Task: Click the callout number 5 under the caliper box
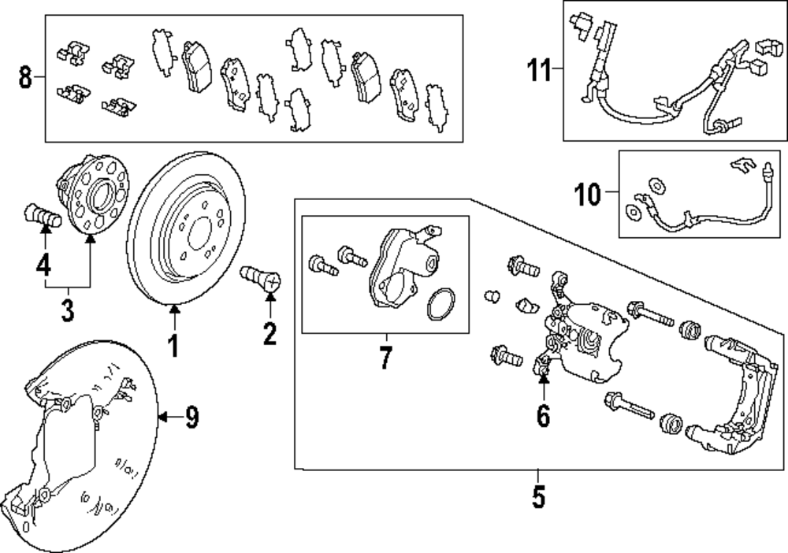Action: click(x=538, y=497)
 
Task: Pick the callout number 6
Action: click(x=543, y=415)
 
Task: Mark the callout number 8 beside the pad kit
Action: click(x=25, y=78)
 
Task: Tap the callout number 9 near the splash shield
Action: click(x=191, y=418)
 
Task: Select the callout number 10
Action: click(x=587, y=194)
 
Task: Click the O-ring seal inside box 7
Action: click(x=441, y=306)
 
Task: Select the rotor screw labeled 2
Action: click(x=258, y=277)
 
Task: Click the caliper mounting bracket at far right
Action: click(x=737, y=394)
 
